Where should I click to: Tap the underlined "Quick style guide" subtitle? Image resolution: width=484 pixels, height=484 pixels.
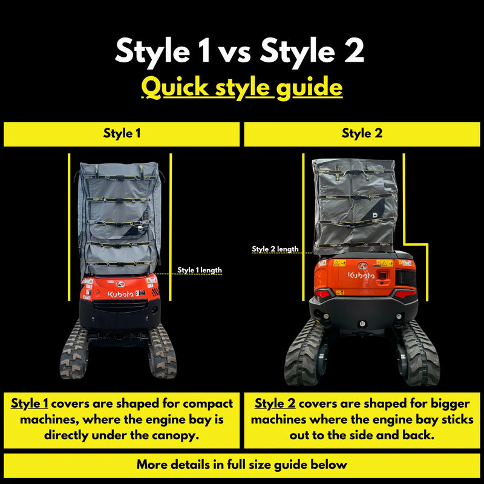point(242,88)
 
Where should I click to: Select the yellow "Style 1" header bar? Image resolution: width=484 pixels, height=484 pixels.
point(122,134)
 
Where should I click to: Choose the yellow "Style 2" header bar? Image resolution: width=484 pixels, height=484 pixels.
point(362,134)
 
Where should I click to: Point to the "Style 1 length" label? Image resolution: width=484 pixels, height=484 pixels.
point(199,270)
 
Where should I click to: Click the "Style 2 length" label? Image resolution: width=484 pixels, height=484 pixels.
point(275,249)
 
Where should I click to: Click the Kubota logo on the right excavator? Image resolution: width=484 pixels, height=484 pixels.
point(361,275)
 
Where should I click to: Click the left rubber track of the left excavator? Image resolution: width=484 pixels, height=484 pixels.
point(74,351)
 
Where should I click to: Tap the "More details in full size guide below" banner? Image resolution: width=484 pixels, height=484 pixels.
point(242,465)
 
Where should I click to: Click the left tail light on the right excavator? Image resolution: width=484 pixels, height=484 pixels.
point(324,293)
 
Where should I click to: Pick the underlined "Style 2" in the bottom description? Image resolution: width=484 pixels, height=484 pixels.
point(275,404)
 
